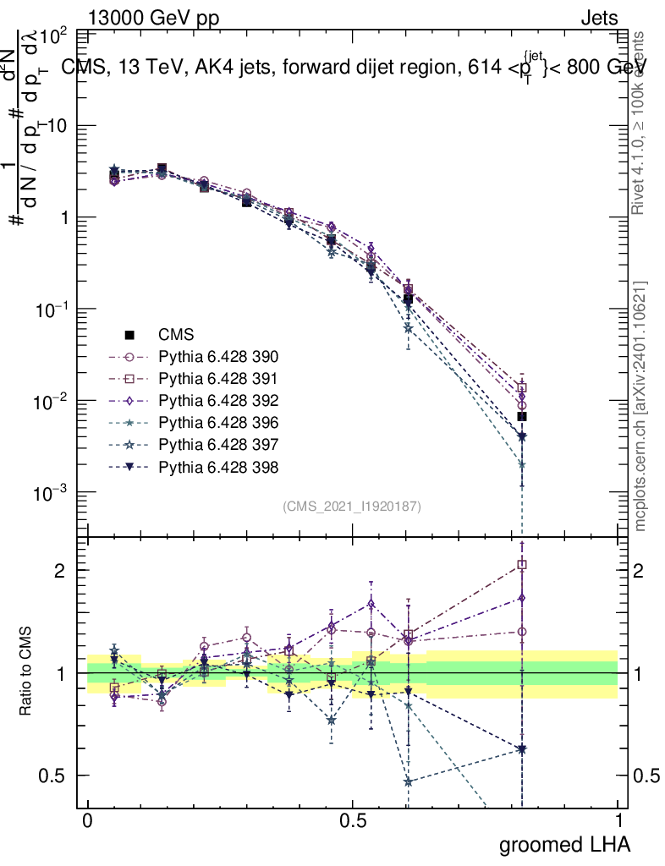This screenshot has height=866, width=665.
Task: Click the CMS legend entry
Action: [177, 334]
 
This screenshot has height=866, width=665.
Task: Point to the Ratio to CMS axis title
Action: [27, 672]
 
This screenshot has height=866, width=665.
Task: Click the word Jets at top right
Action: [599, 18]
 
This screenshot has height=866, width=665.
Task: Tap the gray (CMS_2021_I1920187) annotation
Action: [352, 506]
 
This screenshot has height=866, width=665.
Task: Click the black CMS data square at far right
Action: [522, 416]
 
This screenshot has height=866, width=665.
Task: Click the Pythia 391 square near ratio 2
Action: [522, 564]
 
